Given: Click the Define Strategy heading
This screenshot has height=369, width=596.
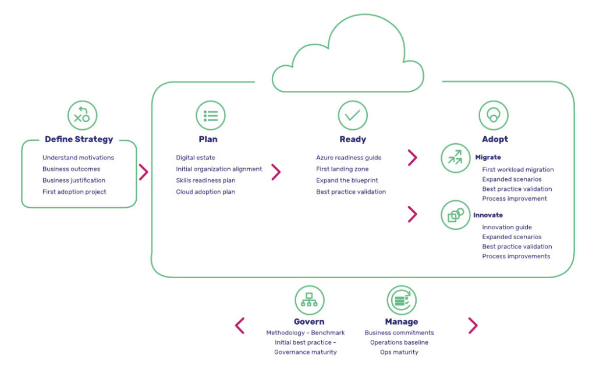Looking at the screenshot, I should click(79, 139).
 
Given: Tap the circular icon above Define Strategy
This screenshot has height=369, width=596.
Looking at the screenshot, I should click(82, 115).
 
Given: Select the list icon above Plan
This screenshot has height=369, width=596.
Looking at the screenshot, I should click(210, 115).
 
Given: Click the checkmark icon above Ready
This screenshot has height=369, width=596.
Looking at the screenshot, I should click(353, 115).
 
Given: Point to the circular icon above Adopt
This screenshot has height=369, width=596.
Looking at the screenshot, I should click(494, 115).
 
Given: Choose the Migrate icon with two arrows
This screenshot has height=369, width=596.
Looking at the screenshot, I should click(455, 158).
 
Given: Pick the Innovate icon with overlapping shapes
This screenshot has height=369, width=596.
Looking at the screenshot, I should click(455, 215).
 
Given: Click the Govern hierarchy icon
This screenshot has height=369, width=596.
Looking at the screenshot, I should click(309, 300).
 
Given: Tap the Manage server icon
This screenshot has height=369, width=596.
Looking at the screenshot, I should click(402, 300).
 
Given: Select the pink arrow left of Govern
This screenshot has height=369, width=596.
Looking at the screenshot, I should click(240, 325).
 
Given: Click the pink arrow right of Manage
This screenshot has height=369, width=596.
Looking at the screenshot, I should click(473, 325).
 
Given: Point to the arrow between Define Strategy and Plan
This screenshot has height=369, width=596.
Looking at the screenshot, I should click(144, 172).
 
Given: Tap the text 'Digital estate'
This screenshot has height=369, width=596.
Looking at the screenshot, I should click(196, 158).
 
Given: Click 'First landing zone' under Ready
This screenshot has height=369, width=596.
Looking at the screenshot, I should click(342, 169).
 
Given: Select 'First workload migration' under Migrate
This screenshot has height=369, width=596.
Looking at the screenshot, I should click(517, 170).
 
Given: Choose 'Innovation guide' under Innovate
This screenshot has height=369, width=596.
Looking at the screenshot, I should click(506, 228).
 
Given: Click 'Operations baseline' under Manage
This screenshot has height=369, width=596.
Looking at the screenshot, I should click(399, 342).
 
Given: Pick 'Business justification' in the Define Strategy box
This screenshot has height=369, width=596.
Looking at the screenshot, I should click(74, 180).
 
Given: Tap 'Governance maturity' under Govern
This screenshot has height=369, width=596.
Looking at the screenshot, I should click(305, 352).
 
